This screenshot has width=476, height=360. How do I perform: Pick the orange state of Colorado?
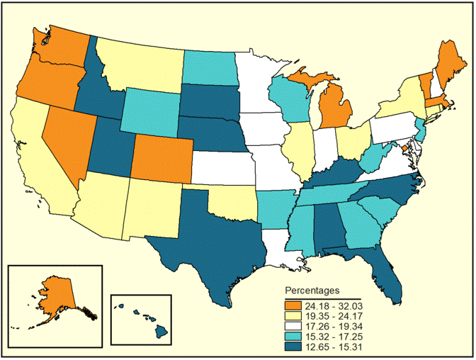click(x=161, y=158)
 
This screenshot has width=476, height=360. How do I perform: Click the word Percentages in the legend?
click(x=312, y=291)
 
